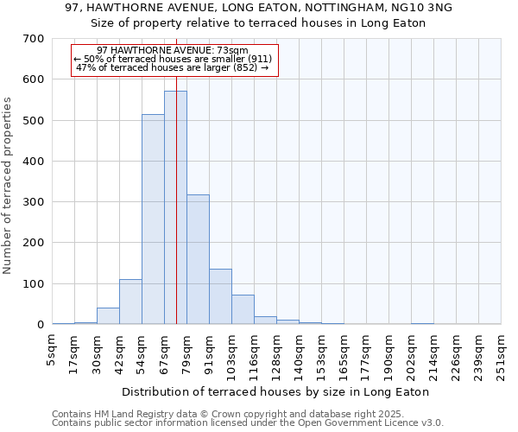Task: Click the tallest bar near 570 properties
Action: [175, 207]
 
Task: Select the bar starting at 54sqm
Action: [153, 219]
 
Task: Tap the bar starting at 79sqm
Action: [198, 259]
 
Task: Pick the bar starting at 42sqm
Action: [130, 302]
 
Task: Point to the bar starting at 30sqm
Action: [108, 316]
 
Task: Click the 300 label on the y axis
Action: [34, 202]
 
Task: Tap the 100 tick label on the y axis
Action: [34, 284]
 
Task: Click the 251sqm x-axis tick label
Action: [501, 354]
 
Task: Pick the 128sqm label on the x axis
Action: [276, 354]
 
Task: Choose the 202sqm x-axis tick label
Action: [411, 354]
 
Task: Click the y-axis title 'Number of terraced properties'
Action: [9, 186]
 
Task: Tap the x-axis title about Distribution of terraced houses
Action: [275, 391]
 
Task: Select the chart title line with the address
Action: [258, 8]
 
